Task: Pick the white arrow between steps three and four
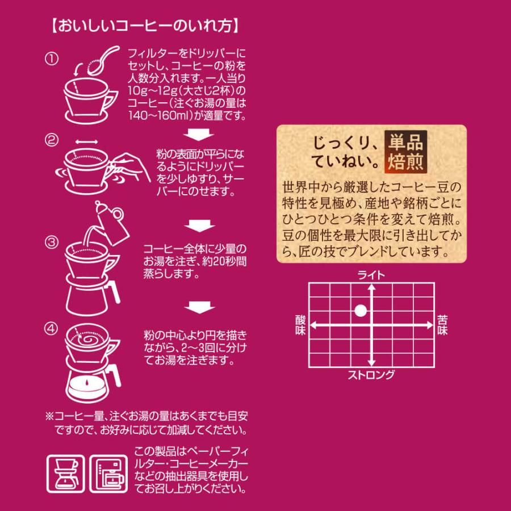(x=200, y=307)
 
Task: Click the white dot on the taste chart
(x=360, y=311)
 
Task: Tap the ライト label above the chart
(x=371, y=275)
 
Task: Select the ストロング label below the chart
(x=371, y=375)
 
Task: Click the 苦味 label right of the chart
(x=442, y=324)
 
